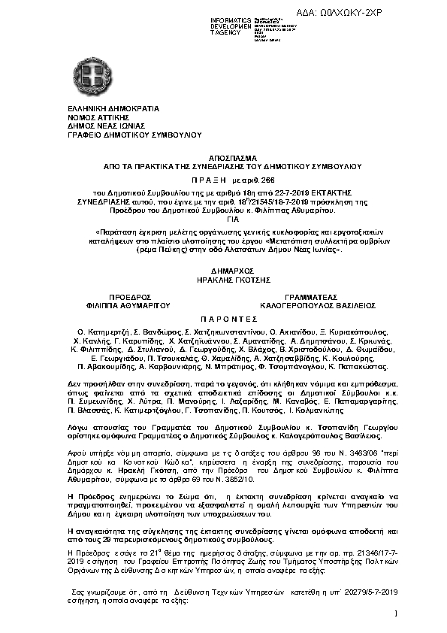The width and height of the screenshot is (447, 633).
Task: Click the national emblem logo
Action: point(95,77)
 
